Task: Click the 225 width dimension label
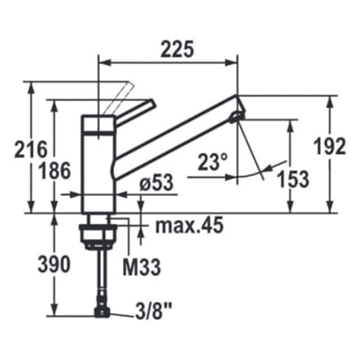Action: [x=177, y=49]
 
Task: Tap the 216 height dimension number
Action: [x=31, y=149]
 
